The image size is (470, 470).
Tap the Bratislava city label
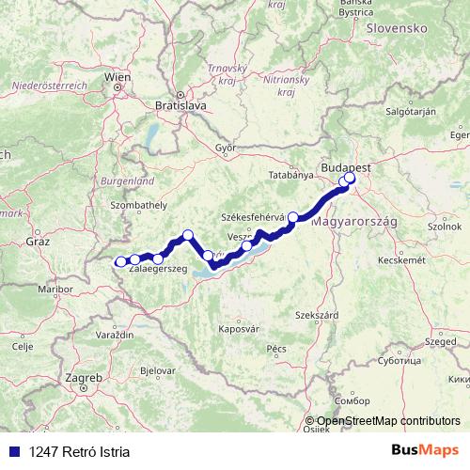point(180,106)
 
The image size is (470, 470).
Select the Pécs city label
point(276,348)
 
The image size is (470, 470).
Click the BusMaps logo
point(426,451)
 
